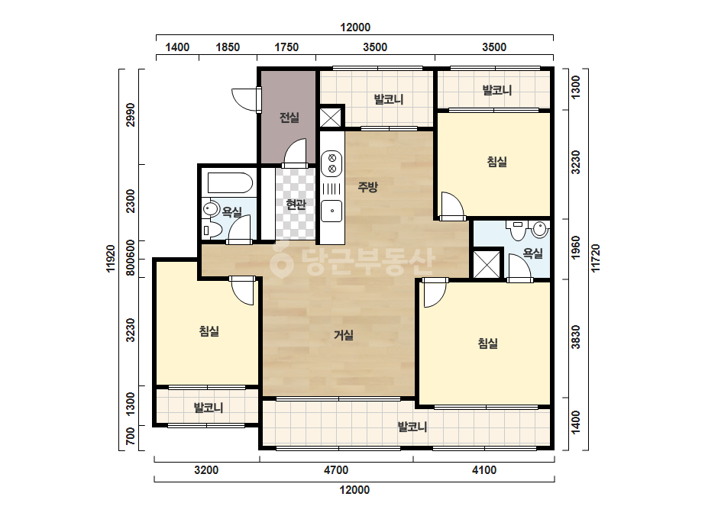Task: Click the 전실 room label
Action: click(289, 118)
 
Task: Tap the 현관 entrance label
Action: click(296, 205)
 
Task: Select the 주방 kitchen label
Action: click(368, 186)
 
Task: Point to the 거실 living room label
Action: click(344, 335)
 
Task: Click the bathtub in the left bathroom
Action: click(230, 183)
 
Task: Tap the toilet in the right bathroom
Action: click(517, 229)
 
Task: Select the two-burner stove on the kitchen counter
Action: click(331, 163)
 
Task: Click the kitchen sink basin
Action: click(331, 211)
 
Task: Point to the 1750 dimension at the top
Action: click(286, 47)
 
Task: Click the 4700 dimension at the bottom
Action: click(336, 470)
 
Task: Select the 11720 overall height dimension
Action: click(596, 258)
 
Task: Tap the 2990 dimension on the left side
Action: click(131, 115)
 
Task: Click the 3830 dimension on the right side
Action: click(575, 337)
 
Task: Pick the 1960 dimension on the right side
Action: click(575, 247)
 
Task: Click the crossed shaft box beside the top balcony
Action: click(331, 118)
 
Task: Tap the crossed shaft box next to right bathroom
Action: click(487, 264)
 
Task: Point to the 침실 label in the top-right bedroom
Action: click(496, 162)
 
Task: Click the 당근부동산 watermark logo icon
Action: click(281, 260)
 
